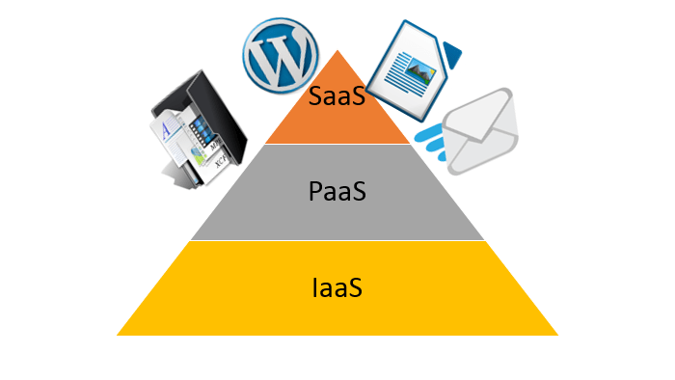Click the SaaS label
(337, 96)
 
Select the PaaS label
(337, 191)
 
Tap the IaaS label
(337, 286)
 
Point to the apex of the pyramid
(337, 52)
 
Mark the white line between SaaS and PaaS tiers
(337, 144)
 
